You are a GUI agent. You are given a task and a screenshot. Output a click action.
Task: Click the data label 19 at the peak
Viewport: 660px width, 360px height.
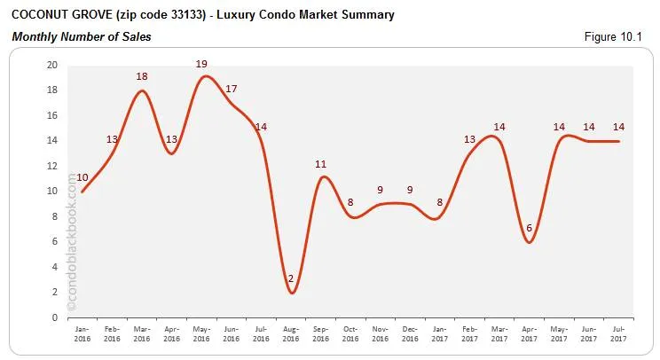(200, 64)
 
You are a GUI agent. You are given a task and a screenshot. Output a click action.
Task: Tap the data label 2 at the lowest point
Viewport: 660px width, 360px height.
(290, 278)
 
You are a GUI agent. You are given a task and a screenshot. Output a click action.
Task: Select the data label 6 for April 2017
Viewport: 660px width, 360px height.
(529, 227)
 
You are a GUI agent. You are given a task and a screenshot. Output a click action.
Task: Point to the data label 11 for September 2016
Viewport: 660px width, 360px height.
(321, 164)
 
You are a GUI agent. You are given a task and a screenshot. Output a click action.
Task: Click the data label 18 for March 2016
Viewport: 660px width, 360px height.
(142, 76)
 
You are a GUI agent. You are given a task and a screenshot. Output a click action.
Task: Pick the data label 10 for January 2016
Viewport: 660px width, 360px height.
(82, 176)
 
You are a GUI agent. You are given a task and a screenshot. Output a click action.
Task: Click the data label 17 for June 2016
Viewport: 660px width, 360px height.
(231, 89)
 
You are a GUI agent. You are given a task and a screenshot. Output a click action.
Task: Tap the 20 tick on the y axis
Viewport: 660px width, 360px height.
(53, 66)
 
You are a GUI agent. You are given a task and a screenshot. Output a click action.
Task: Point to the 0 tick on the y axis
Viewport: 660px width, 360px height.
(56, 317)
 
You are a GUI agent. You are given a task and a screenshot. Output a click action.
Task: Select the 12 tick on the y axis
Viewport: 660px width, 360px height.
(53, 166)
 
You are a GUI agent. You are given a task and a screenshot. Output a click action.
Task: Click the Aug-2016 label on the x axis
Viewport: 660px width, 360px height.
(291, 334)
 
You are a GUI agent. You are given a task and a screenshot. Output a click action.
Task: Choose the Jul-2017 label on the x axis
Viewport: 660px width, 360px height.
(618, 334)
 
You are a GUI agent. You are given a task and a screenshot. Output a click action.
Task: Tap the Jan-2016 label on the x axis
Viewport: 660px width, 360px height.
(82, 334)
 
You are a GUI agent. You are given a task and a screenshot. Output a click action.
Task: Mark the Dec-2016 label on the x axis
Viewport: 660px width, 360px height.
(410, 334)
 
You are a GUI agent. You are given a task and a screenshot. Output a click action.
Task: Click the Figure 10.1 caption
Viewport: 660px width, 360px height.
(620, 36)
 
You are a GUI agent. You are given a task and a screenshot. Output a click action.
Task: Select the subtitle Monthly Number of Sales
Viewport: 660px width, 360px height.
(81, 36)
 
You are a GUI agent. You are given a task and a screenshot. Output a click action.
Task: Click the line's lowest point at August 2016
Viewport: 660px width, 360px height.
(291, 293)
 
